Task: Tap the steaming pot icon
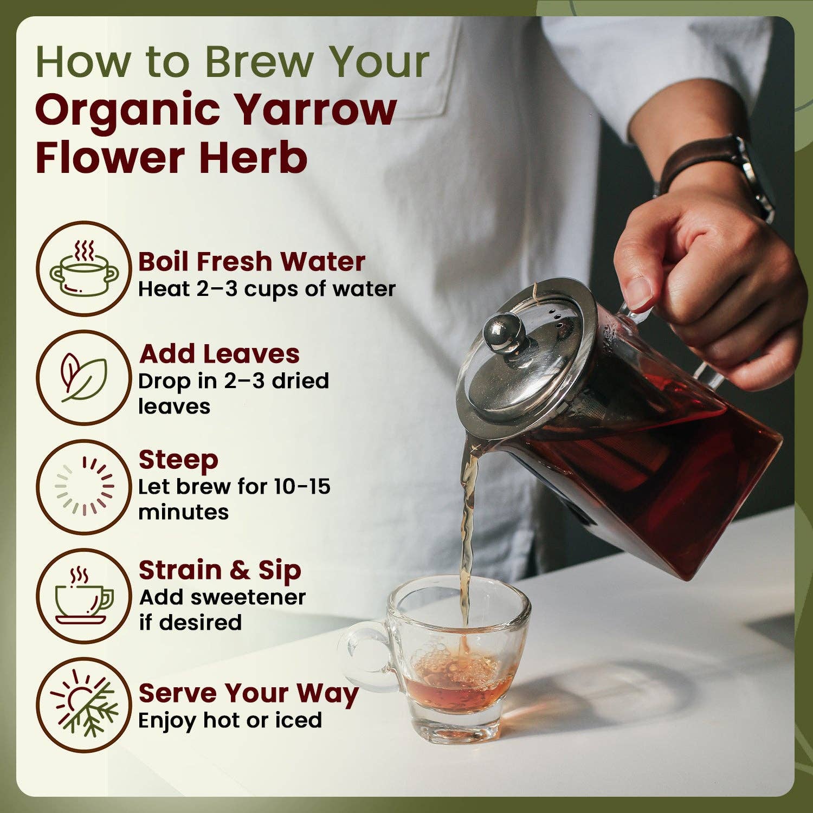pyautogui.click(x=84, y=269)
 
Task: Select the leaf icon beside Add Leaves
pyautogui.click(x=84, y=378)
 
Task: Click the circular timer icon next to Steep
pyautogui.click(x=84, y=486)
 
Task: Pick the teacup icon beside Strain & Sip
pyautogui.click(x=84, y=596)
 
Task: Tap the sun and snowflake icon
pyautogui.click(x=84, y=705)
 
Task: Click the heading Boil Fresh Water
pyautogui.click(x=251, y=262)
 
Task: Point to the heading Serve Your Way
pyautogui.click(x=248, y=693)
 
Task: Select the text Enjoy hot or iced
pyautogui.click(x=230, y=720)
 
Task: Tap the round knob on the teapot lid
pyautogui.click(x=503, y=332)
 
